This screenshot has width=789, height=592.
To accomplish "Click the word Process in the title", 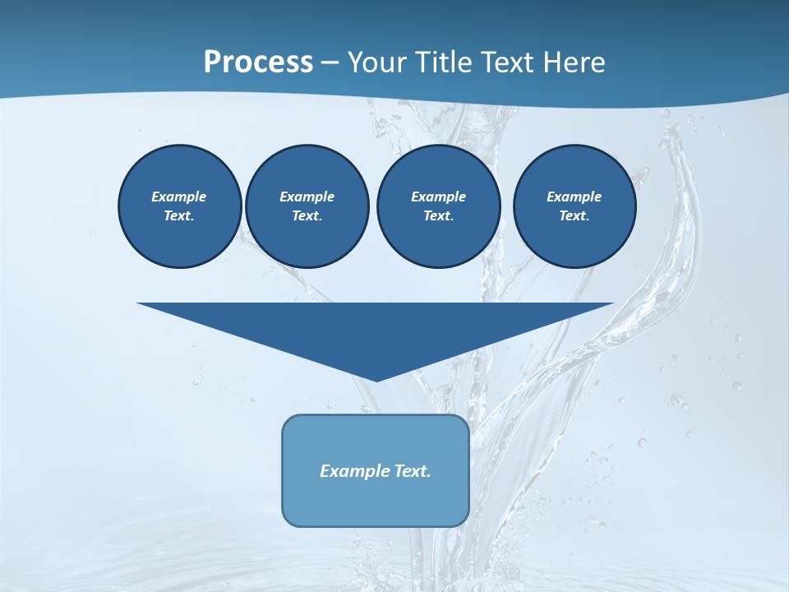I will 258,62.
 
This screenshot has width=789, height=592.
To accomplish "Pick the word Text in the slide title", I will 510,62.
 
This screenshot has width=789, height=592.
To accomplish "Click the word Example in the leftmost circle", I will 179,197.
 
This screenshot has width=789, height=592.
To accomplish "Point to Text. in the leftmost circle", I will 179,215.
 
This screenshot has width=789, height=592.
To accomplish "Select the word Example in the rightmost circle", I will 574,197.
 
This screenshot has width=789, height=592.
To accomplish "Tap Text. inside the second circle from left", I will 307,215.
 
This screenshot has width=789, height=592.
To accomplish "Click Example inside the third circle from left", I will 438,197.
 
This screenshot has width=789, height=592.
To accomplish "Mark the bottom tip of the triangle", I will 376,380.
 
